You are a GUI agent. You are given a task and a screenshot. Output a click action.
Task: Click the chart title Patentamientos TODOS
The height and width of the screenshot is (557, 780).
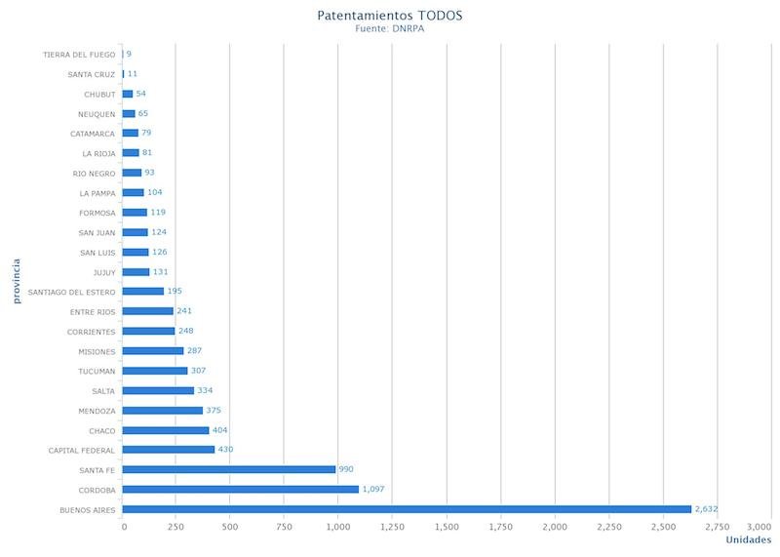pos(390,16)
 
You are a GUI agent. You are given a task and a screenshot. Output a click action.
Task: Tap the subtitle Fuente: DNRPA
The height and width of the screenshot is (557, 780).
pos(390,28)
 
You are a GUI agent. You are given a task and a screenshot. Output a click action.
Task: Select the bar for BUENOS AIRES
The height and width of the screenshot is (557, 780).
pos(407,509)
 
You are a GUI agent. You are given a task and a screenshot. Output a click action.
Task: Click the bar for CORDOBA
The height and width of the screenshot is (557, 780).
pos(241,489)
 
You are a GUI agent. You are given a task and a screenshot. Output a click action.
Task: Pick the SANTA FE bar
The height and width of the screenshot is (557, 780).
pos(229,469)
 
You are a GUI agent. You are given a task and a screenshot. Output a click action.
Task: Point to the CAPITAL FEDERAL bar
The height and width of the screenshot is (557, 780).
pos(169,450)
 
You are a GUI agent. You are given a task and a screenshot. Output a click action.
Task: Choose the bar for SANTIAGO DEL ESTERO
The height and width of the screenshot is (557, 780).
pos(143,291)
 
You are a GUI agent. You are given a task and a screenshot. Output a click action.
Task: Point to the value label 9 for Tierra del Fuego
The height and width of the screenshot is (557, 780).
pos(129,54)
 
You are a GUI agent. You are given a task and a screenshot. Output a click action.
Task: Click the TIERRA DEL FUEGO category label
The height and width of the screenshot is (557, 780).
pos(79,55)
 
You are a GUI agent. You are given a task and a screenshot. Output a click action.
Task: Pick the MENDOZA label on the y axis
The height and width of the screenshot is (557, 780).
pos(97,411)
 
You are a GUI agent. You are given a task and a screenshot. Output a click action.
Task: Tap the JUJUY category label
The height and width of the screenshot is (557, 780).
pos(103,272)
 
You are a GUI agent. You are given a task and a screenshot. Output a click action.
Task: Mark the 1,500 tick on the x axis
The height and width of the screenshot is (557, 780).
pos(447,527)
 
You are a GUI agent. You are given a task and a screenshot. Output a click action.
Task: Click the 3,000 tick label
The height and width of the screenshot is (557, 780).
pos(758,527)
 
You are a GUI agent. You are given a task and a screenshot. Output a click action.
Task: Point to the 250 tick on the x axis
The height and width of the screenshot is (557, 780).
pos(176,527)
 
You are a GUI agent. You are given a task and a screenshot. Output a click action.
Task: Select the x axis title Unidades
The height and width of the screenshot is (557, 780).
pos(749,539)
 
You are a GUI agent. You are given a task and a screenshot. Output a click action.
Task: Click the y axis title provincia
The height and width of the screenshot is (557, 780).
pos(17,281)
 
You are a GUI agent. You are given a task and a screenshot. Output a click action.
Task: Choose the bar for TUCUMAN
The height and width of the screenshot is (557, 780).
pos(155,371)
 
